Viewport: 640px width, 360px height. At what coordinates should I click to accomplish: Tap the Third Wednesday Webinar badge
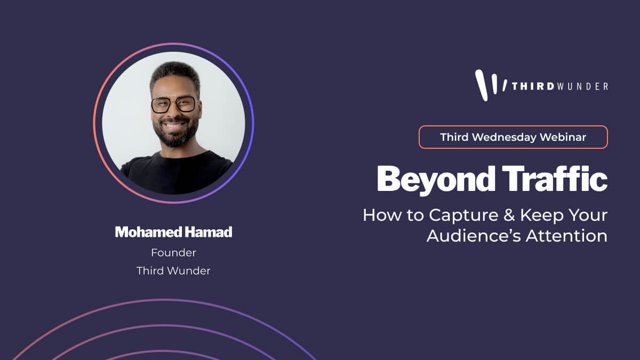click(x=513, y=137)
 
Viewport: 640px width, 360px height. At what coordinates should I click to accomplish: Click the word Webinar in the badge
click(x=563, y=137)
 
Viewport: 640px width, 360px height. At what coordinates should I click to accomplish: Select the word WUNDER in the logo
click(x=583, y=86)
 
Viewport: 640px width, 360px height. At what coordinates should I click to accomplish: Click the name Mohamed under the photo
click(x=149, y=232)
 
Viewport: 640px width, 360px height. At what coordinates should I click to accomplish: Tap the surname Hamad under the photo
click(x=209, y=232)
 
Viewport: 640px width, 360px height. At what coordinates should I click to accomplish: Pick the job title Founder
click(x=174, y=253)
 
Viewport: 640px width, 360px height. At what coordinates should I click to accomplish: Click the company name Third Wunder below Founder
click(x=173, y=271)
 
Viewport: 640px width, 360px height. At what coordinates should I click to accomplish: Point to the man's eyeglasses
click(x=174, y=105)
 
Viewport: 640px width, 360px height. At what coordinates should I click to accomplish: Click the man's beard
click(x=175, y=132)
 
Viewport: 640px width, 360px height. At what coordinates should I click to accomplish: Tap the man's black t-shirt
click(x=177, y=174)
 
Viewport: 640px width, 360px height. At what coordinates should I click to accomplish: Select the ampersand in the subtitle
click(x=509, y=215)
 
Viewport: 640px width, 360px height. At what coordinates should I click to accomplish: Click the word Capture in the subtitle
click(x=463, y=215)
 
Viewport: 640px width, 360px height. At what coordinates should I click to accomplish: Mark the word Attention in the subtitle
click(x=567, y=236)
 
